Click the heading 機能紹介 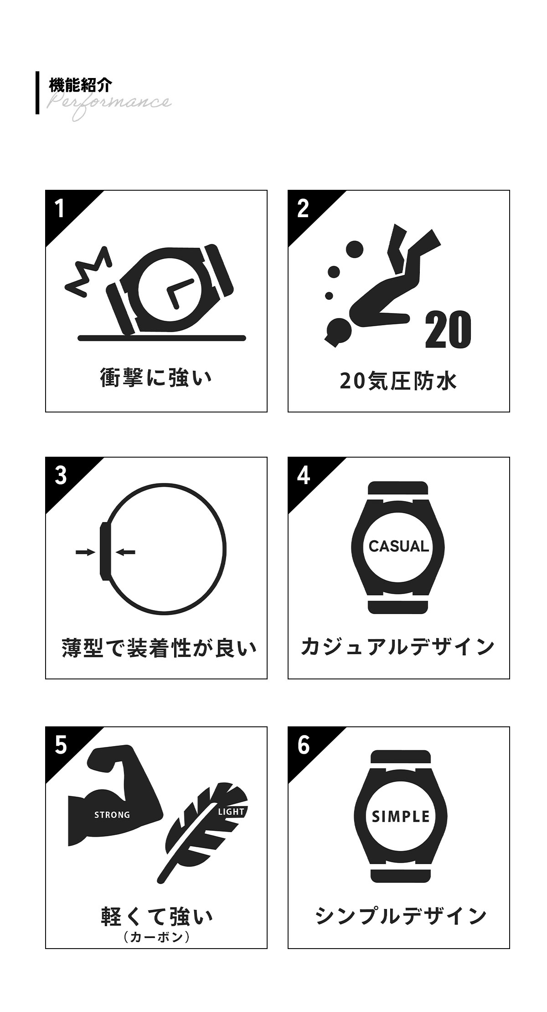(80, 85)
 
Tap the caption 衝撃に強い (156, 379)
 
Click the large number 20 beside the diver (448, 329)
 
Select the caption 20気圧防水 (398, 381)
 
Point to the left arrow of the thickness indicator (85, 552)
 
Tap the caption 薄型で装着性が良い (159, 648)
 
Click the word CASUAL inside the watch (399, 546)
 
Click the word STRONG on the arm (112, 815)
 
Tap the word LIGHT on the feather (231, 812)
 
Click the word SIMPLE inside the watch (401, 816)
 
